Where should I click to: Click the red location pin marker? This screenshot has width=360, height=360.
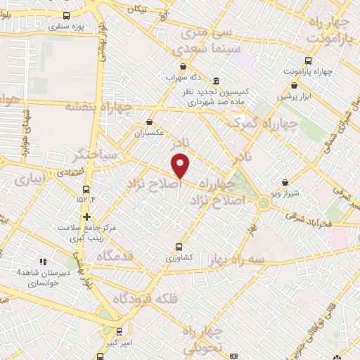tap(181, 165)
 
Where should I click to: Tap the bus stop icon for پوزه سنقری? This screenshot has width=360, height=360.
tap(66, 15)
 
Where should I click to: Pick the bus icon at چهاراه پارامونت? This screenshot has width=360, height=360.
tap(308, 60)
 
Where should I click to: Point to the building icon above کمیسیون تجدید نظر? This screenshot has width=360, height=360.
tap(214, 81)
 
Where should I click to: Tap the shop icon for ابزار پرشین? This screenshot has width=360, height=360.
tap(294, 85)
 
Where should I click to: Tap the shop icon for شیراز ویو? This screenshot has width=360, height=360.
tap(284, 181)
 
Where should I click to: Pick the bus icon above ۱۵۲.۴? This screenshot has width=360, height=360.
tap(86, 189)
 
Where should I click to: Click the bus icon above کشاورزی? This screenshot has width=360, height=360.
tap(178, 247)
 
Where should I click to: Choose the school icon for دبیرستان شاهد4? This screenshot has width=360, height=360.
tap(42, 262)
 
